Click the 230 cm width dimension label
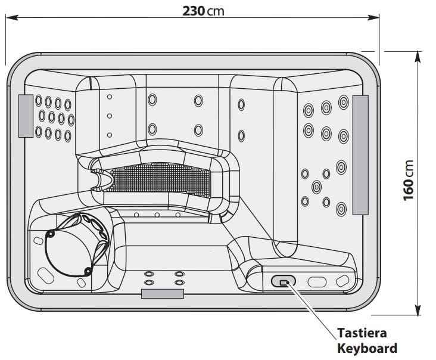tap(204, 11)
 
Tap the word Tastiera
tap(362, 333)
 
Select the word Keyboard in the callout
tap(367, 348)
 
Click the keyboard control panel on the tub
tap(284, 281)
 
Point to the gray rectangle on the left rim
tap(26, 115)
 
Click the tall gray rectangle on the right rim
tap(361, 154)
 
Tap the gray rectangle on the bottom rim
tap(162, 293)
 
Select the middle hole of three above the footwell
tap(157, 215)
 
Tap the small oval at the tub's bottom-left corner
tap(45, 275)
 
